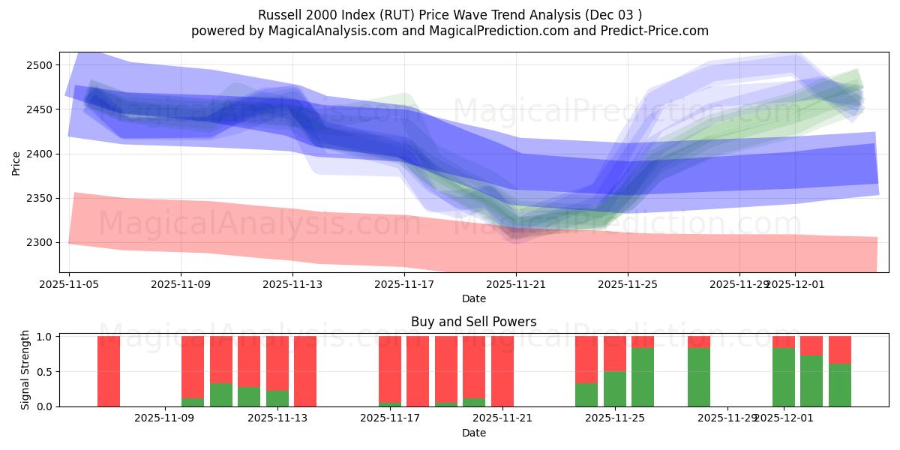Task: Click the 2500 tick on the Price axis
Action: coord(42,65)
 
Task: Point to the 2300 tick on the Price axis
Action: coord(42,242)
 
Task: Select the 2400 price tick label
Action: coord(42,154)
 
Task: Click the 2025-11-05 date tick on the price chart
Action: coord(69,285)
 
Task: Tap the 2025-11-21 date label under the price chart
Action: coord(516,285)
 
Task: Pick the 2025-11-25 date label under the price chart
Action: coord(628,285)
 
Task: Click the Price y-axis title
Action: coord(16,162)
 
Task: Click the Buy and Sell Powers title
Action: coord(473,322)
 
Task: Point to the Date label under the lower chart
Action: coord(473,433)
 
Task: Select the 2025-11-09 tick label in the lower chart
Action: coord(164,418)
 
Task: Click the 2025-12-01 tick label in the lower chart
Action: coord(784,418)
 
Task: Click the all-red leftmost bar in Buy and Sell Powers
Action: coord(109,371)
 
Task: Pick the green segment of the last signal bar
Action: coord(840,385)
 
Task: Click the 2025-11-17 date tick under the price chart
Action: coord(404,285)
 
